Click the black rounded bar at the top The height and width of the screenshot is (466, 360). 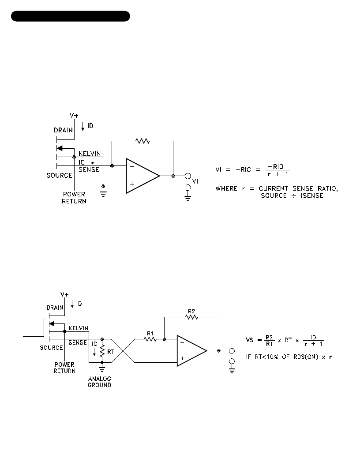click(71, 16)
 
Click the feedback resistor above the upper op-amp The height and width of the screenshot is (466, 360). click(142, 141)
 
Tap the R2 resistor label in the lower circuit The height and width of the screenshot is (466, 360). click(191, 312)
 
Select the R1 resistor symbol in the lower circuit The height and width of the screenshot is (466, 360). click(150, 339)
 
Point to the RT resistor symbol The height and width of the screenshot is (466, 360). click(102, 351)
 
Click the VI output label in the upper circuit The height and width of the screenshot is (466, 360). click(195, 181)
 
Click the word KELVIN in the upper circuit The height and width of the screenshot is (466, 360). click(90, 154)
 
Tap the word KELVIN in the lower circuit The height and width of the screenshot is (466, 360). click(79, 328)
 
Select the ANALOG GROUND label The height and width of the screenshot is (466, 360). click(100, 382)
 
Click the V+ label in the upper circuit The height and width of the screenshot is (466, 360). click(74, 115)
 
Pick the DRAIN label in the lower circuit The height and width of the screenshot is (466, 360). click(55, 308)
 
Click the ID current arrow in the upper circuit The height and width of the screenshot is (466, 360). click(83, 126)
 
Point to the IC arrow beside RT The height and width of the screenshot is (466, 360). click(94, 352)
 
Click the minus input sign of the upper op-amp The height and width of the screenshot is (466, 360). click(132, 167)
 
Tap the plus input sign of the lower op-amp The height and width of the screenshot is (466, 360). click(182, 358)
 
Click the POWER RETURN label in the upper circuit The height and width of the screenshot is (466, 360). click(74, 198)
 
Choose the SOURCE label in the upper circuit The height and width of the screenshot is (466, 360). click(59, 175)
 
